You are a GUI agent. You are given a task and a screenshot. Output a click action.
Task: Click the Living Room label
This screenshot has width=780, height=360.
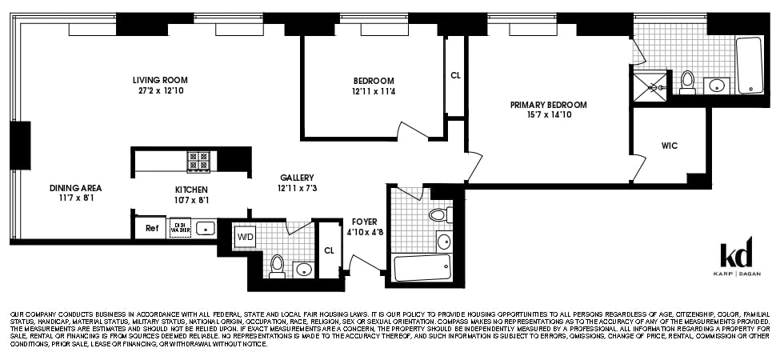(x=160, y=80)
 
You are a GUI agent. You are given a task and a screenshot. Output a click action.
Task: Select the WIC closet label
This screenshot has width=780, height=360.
(x=670, y=146)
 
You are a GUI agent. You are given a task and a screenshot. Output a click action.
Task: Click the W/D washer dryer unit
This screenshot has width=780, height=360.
(x=245, y=237)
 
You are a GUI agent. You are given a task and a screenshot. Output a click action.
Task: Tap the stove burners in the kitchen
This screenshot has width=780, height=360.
(x=198, y=161)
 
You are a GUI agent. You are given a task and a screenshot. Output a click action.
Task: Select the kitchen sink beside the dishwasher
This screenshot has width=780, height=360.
(x=205, y=228)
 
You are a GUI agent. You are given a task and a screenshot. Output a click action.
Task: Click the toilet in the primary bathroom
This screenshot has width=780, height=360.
(x=687, y=82)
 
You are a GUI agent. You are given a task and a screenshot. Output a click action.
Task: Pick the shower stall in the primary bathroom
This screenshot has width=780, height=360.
(x=650, y=86)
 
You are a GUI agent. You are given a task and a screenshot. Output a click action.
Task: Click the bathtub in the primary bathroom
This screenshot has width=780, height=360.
(x=750, y=65)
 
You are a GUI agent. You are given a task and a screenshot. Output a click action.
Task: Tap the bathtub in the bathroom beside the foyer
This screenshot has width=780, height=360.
(x=422, y=267)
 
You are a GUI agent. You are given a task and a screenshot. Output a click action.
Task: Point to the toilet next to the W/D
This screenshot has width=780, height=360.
(x=277, y=265)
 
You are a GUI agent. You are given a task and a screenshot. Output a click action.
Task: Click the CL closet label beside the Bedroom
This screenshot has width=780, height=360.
(x=455, y=76)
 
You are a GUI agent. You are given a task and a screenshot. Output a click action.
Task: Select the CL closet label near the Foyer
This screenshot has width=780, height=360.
(x=329, y=250)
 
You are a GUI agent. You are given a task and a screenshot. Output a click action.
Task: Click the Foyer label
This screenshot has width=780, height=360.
(x=364, y=222)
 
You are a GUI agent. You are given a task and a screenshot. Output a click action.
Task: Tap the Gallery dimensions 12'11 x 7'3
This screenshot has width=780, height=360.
(x=297, y=188)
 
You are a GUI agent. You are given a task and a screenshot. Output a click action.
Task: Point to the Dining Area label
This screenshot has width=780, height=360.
(x=75, y=188)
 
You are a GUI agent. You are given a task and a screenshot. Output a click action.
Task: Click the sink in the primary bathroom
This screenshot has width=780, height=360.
(x=717, y=85)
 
